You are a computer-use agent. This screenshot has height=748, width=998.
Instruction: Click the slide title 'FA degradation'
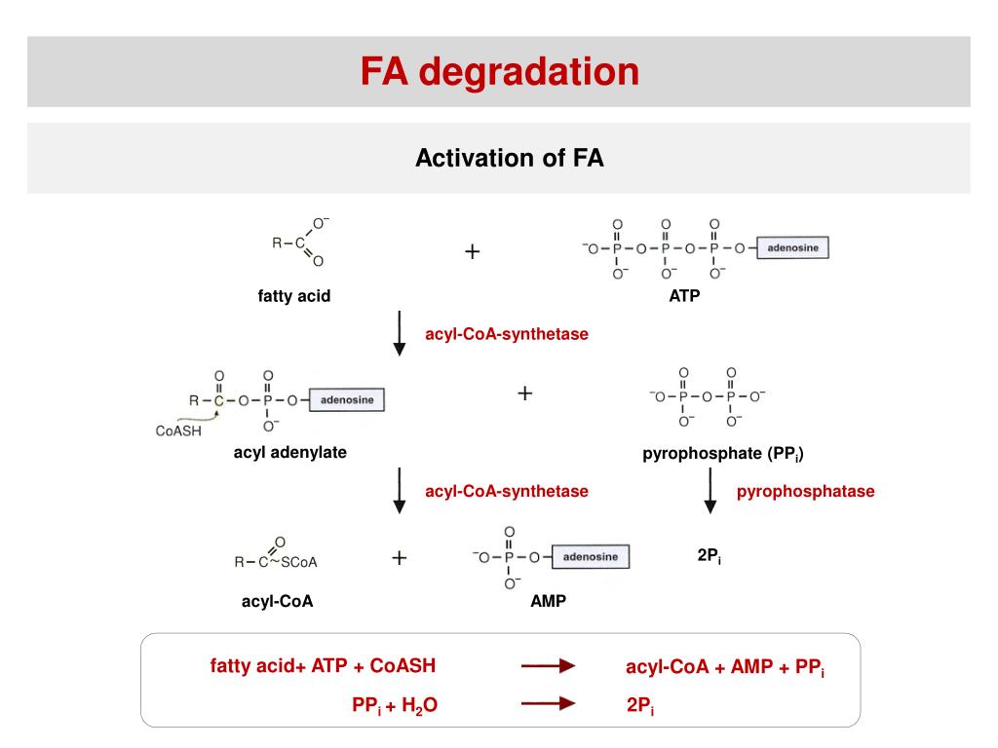coord(499,71)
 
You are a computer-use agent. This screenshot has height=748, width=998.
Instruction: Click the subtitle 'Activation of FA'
coord(509,158)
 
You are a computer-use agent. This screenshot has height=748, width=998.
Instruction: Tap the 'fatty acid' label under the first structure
coord(294,296)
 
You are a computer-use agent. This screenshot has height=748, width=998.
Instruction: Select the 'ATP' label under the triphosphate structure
coord(684,296)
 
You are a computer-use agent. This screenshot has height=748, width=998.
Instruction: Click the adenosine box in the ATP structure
coord(793,248)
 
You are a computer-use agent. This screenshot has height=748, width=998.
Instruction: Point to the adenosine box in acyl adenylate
coord(347,399)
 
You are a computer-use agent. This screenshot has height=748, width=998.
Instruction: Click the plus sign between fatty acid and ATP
coord(473,252)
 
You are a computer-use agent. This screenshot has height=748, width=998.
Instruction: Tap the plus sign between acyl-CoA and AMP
coord(399,557)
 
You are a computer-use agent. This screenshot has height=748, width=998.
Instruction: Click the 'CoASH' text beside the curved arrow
coord(178,431)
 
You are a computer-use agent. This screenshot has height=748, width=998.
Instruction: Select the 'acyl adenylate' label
coord(289,453)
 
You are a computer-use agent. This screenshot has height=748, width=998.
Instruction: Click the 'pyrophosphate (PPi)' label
coord(722,454)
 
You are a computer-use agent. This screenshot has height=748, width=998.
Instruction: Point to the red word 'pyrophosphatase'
coord(805,492)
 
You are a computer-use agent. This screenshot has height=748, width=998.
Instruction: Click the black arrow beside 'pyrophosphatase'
coord(710,491)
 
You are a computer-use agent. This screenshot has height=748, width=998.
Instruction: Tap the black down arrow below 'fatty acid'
coord(399,334)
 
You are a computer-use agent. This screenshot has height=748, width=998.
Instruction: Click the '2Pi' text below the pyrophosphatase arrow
coord(709,556)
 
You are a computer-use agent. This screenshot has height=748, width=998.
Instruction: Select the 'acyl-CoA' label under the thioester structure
coord(277,601)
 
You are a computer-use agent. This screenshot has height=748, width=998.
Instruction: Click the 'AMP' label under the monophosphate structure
coord(548,601)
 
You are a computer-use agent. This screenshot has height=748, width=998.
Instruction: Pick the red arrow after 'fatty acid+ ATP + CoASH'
coord(549,666)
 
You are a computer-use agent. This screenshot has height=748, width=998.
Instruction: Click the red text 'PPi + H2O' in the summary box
coord(395,705)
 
